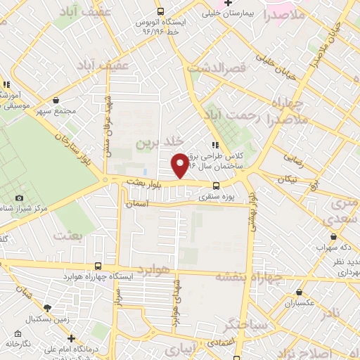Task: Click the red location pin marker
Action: pos(180,165)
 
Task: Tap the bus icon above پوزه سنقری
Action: pos(215,186)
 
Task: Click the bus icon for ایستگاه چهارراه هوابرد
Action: pos(97,266)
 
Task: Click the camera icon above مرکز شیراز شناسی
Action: pos(19,198)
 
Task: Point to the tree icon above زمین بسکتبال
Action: pos(47,308)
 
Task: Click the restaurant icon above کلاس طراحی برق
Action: pos(205,145)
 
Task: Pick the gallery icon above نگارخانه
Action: pos(11,335)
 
